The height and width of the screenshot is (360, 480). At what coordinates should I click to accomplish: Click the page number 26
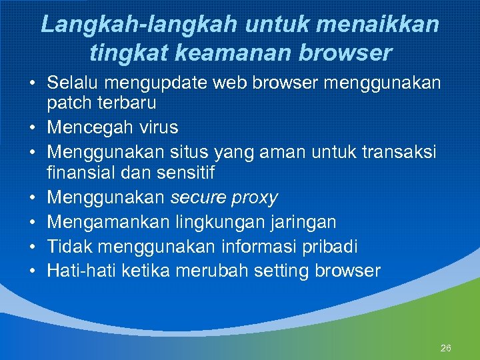click(446, 348)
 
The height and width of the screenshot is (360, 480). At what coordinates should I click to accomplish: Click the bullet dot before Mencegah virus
click(31, 127)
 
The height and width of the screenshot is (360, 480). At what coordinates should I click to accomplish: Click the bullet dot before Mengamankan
click(31, 222)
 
